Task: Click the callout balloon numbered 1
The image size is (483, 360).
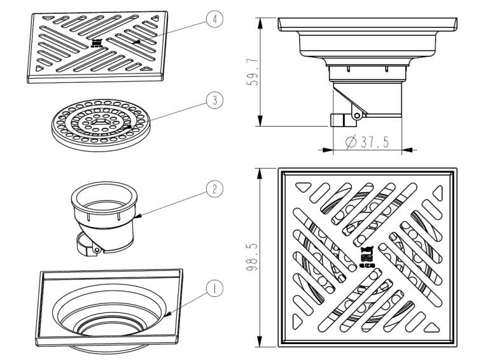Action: tap(214, 287)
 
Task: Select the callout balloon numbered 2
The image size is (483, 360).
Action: tap(214, 188)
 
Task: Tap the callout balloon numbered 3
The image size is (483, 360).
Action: tap(214, 100)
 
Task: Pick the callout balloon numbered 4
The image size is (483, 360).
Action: tap(214, 20)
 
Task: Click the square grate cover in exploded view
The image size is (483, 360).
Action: tap(99, 46)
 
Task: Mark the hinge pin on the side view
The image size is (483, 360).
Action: tap(358, 115)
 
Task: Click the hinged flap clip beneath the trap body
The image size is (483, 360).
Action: tap(88, 244)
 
